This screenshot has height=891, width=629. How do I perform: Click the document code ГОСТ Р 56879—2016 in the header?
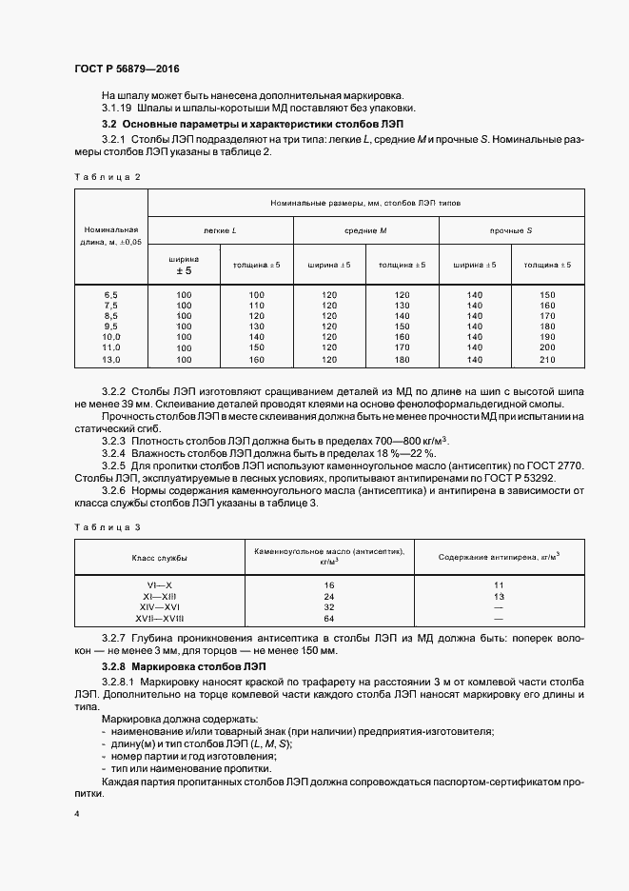click(x=126, y=70)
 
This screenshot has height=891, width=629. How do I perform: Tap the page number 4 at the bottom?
click(x=77, y=815)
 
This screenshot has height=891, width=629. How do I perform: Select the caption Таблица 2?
click(x=107, y=177)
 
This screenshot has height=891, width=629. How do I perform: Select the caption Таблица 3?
click(x=107, y=526)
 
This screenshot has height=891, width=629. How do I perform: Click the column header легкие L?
click(x=220, y=230)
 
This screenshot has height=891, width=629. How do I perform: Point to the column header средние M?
click(x=365, y=230)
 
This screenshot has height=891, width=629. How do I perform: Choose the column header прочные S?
click(x=511, y=230)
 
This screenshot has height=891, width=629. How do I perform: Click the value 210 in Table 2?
click(x=547, y=360)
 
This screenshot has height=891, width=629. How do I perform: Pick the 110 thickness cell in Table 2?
click(x=256, y=305)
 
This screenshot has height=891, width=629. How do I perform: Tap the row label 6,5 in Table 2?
click(x=110, y=294)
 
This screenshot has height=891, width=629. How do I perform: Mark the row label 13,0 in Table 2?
click(x=110, y=360)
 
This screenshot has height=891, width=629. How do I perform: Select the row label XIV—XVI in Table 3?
click(x=159, y=605)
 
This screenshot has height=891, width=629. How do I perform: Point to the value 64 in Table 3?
click(x=328, y=617)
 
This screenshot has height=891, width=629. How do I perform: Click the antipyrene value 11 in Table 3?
click(x=498, y=584)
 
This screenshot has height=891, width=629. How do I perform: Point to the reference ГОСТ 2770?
click(x=556, y=465)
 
